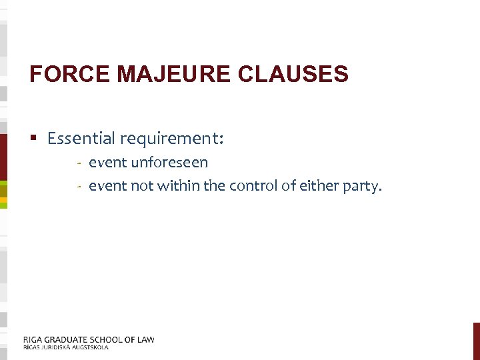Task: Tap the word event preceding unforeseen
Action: tap(108, 163)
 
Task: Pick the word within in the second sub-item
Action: tap(178, 186)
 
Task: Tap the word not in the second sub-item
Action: tap(142, 186)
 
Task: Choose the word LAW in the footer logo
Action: tap(145, 339)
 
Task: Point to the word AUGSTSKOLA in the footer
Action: tap(89, 347)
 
